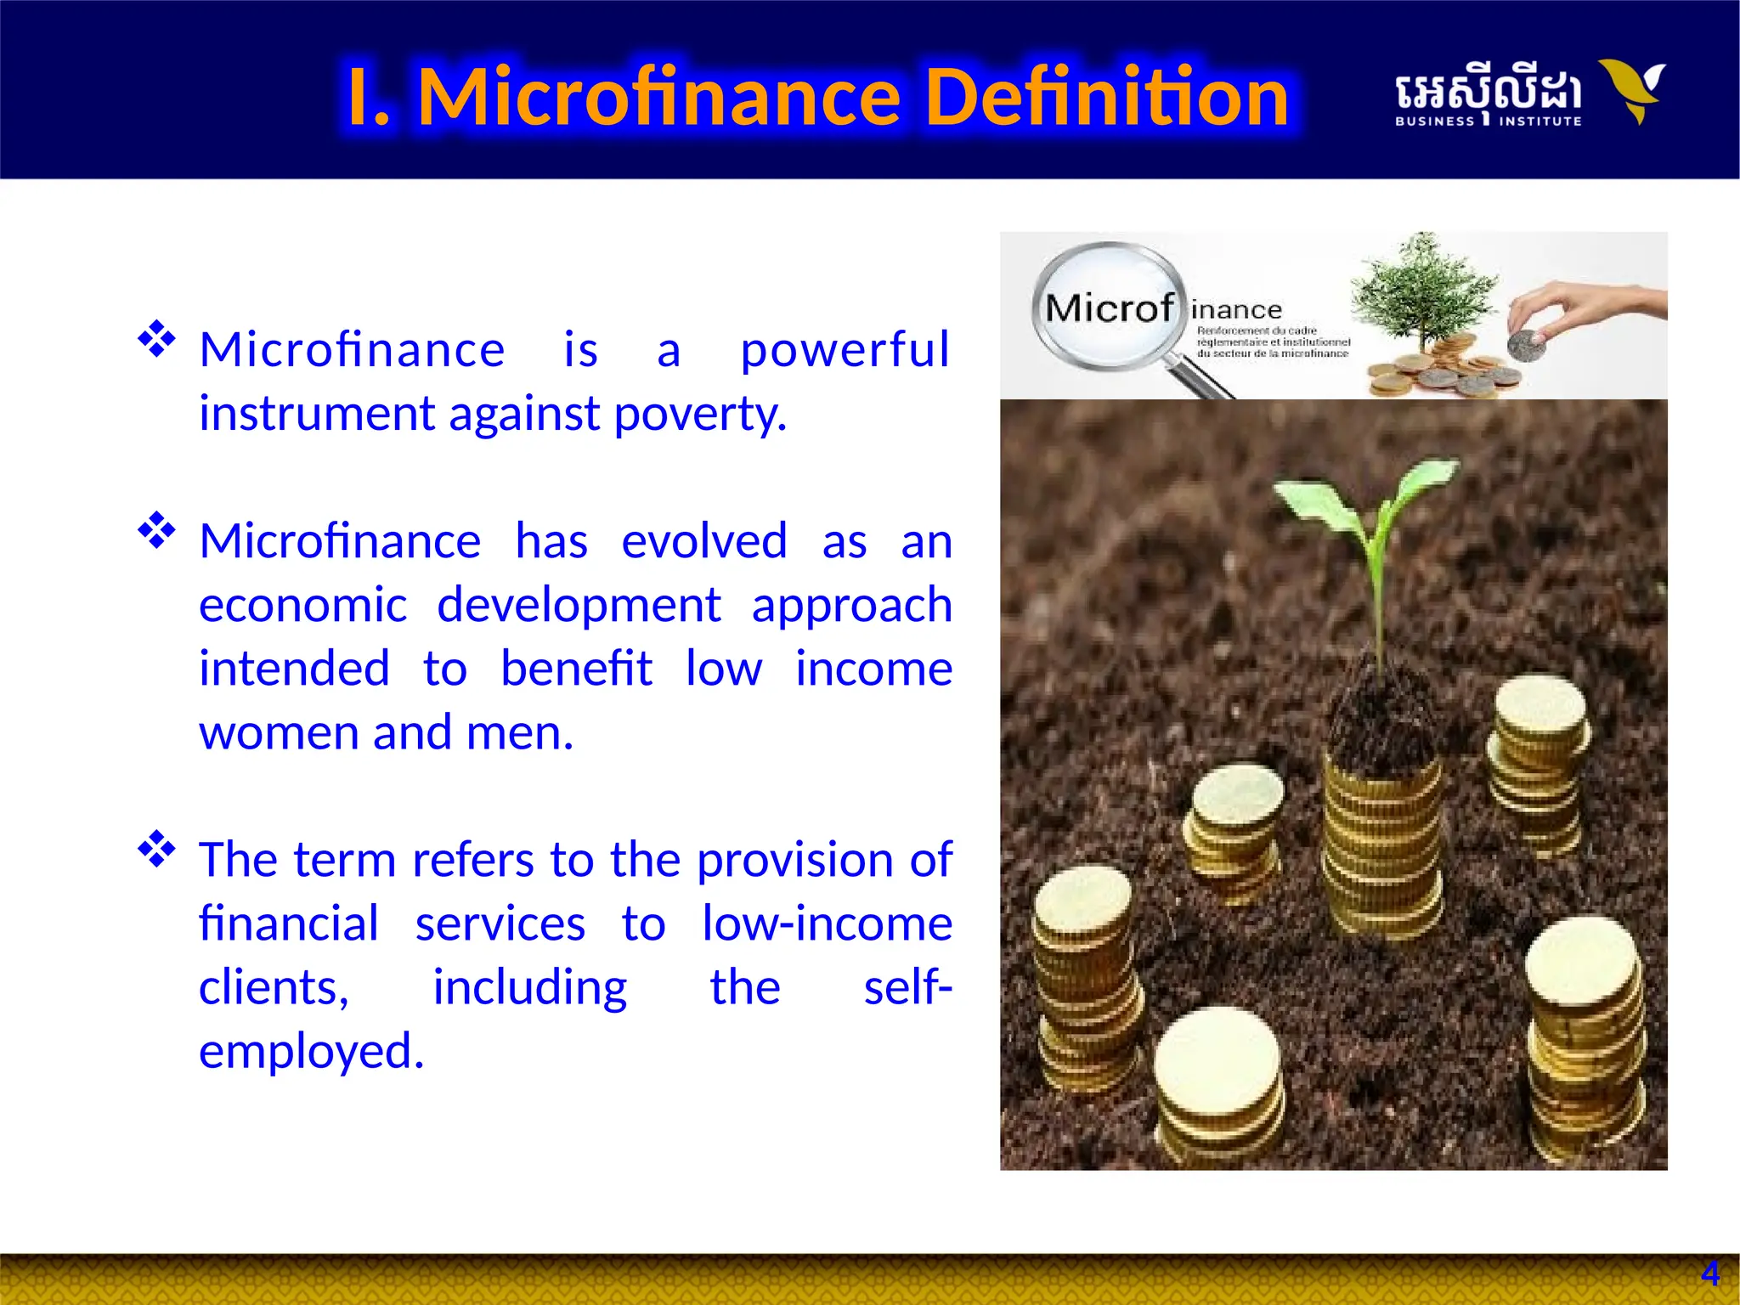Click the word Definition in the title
(x=1106, y=97)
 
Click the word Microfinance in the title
(x=658, y=97)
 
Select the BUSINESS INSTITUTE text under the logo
(x=1488, y=121)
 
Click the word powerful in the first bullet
(x=845, y=349)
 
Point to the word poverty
(x=700, y=414)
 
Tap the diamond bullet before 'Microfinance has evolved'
(x=156, y=531)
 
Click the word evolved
(x=704, y=541)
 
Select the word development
(x=579, y=605)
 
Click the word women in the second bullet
(x=277, y=732)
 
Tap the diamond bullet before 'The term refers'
(x=156, y=849)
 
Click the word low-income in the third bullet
(x=827, y=924)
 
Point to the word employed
(x=311, y=1051)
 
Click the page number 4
(x=1709, y=1274)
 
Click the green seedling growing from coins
(x=1368, y=544)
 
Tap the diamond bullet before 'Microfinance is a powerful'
(x=156, y=339)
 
